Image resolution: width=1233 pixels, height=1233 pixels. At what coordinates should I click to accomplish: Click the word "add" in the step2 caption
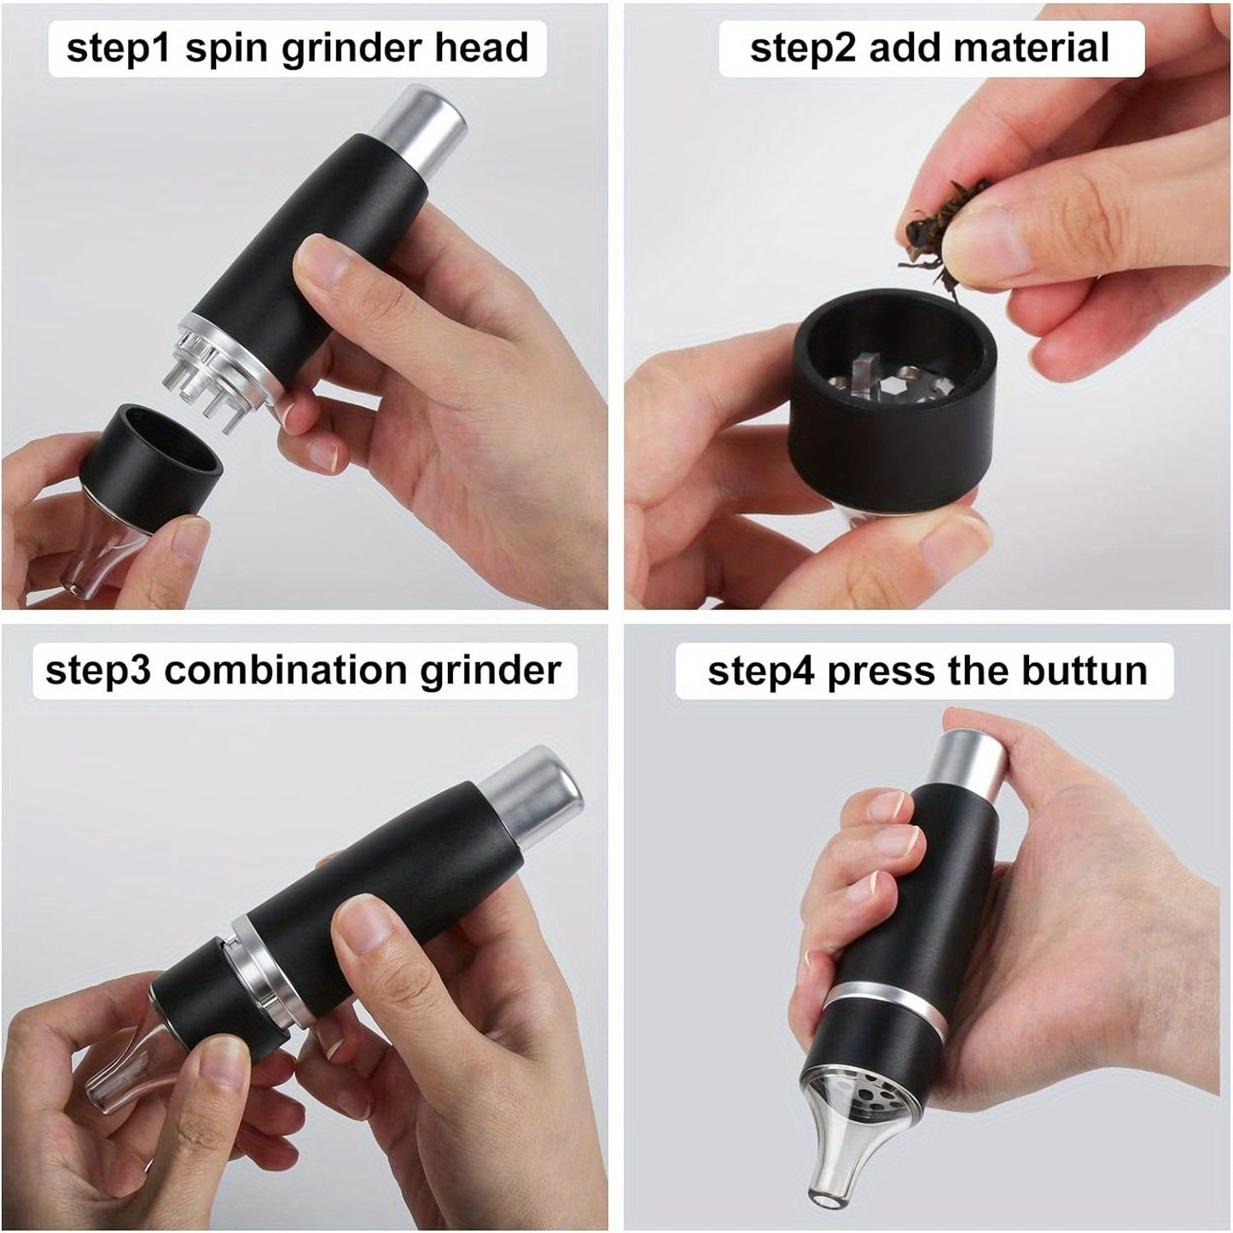pos(904,48)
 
